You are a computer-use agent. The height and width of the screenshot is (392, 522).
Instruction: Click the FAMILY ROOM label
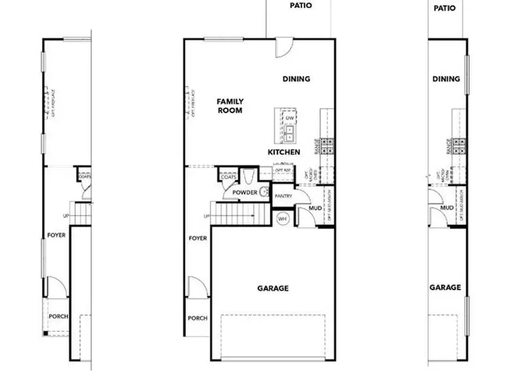230,106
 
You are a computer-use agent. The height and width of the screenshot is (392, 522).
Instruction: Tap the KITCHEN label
284,152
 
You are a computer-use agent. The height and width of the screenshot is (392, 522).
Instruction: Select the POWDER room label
245,193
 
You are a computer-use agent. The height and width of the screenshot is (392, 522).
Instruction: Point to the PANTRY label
283,196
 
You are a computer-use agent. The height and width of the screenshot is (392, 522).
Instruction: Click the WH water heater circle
283,219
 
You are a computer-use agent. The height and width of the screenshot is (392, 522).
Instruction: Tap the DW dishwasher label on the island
289,118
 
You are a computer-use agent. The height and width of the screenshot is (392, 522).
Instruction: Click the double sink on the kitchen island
289,134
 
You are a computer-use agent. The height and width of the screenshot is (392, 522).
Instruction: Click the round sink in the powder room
265,192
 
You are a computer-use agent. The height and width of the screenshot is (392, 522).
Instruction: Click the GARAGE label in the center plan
273,288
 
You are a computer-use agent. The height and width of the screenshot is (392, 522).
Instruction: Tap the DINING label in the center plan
296,79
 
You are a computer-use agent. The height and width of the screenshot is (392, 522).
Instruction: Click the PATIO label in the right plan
444,8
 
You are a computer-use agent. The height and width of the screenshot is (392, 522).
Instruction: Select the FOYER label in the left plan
56,235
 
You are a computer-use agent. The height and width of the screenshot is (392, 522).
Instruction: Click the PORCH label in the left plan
57,317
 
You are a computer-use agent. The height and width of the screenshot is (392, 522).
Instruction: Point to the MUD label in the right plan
447,208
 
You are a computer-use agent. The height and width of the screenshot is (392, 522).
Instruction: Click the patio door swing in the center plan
283,48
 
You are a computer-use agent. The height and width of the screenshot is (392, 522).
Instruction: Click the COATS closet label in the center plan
228,177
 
